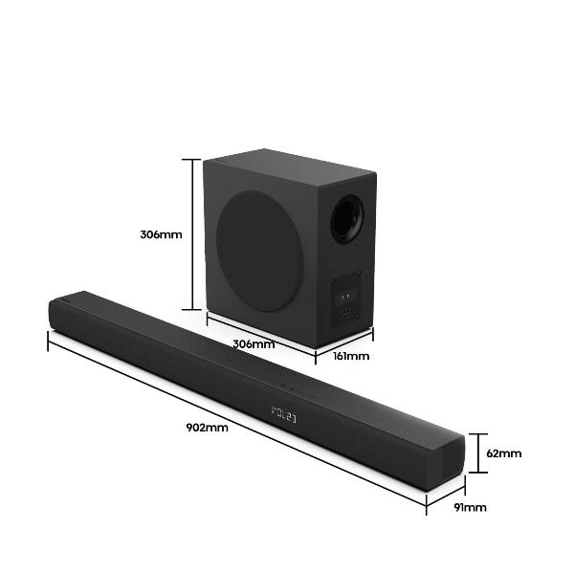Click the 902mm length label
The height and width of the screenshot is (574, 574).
(x=208, y=428)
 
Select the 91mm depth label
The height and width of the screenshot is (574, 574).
(x=470, y=507)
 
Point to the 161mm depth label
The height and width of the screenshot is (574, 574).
(x=351, y=356)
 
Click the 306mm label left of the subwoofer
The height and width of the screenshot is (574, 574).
(x=161, y=233)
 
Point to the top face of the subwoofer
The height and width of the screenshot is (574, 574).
(x=287, y=170)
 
